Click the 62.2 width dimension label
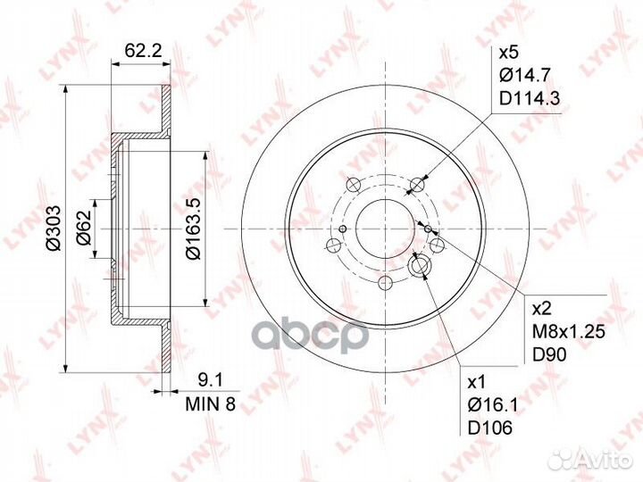click(x=143, y=51)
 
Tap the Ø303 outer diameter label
click(x=54, y=228)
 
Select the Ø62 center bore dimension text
click(x=84, y=229)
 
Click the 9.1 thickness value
click(x=210, y=381)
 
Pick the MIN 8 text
click(x=211, y=404)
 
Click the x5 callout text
click(x=509, y=53)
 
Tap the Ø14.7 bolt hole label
click(x=524, y=75)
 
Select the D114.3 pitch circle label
click(x=529, y=98)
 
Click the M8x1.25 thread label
click(x=568, y=332)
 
